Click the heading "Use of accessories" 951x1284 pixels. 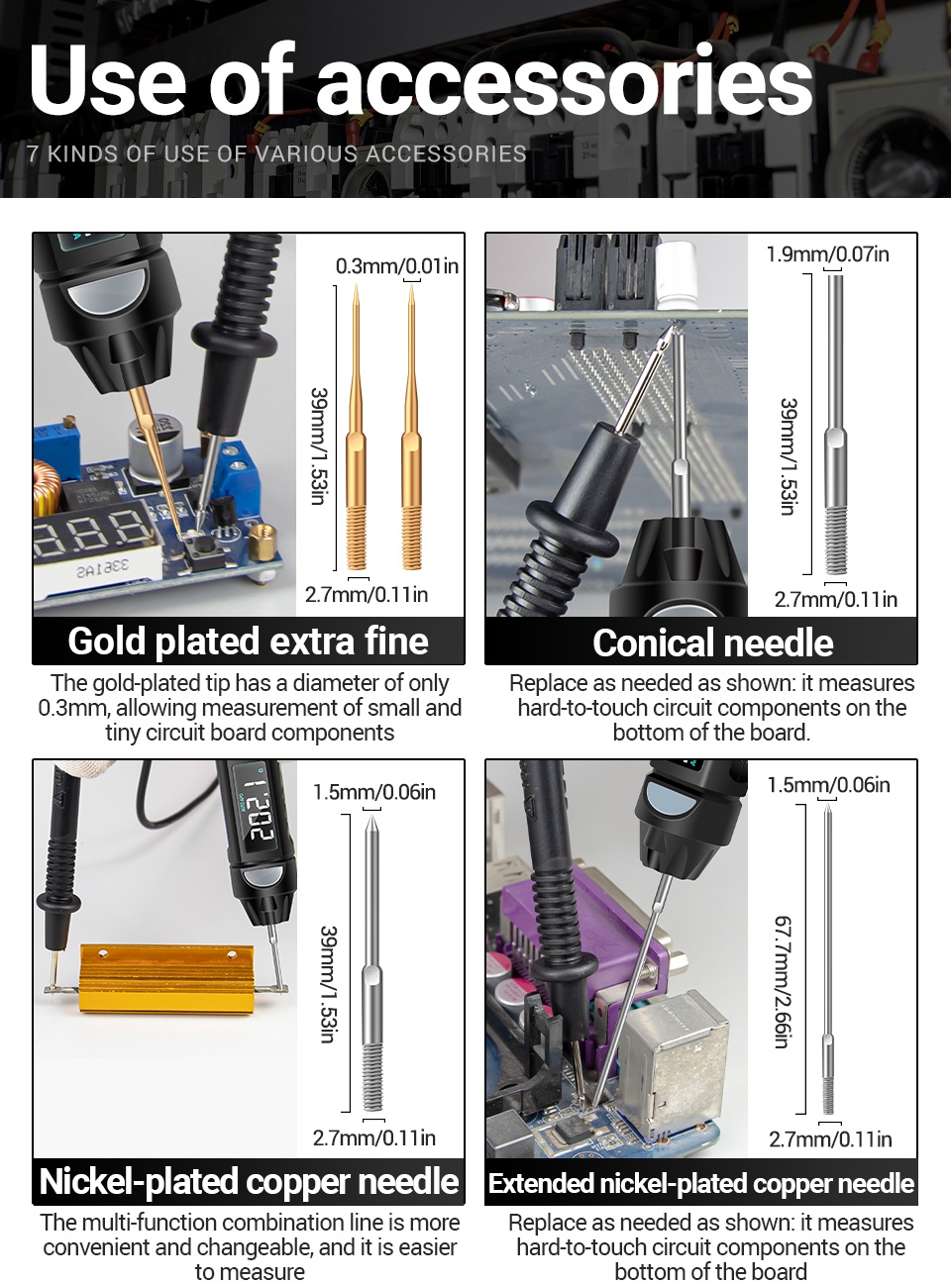[x=421, y=79]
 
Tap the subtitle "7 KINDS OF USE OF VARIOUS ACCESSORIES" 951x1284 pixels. [x=276, y=154]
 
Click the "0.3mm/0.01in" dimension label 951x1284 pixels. [x=397, y=266]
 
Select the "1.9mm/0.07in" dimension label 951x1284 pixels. [x=827, y=254]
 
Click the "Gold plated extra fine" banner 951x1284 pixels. [x=248, y=642]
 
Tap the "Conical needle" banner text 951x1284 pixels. [x=713, y=643]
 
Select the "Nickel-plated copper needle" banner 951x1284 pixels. [x=249, y=1181]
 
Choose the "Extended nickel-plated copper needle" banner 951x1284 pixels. [x=701, y=1183]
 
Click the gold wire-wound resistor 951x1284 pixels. [x=166, y=978]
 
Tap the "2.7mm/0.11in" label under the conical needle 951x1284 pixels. [x=836, y=600]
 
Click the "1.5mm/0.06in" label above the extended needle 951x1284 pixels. [x=829, y=785]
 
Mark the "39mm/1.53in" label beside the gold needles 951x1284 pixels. [x=319, y=445]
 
